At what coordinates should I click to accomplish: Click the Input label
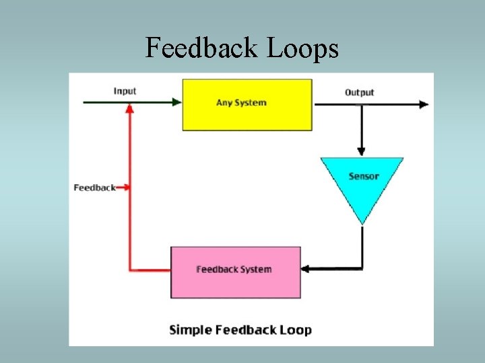pos(125,91)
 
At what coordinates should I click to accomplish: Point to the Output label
pos(359,92)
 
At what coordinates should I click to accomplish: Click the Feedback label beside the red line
pos(94,188)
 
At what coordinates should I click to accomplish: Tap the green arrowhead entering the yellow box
pos(177,102)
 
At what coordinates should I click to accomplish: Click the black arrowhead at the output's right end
pos(424,104)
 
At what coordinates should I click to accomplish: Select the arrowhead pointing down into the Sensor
pos(362,151)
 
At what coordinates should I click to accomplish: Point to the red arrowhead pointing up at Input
pos(130,109)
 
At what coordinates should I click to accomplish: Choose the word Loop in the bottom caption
pos(296,330)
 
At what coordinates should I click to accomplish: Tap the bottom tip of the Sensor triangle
pos(362,223)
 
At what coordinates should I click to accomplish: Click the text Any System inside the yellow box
pos(241,103)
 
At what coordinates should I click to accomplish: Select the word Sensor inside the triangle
pos(364,176)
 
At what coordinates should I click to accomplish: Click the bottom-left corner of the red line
pos(130,270)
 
